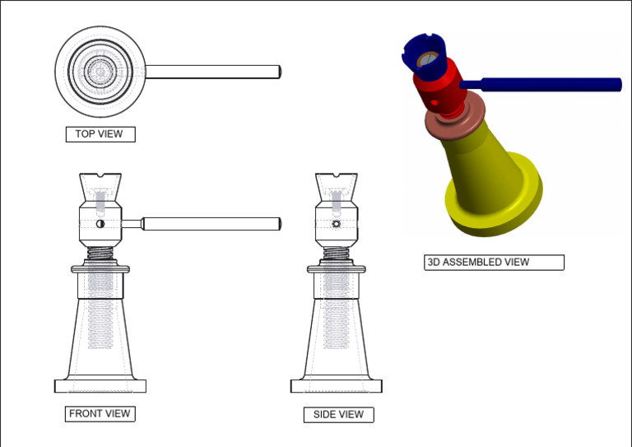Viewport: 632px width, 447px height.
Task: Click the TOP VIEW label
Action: pyautogui.click(x=100, y=134)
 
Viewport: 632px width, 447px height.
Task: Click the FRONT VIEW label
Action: pyautogui.click(x=100, y=414)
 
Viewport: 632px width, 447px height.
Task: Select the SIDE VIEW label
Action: pyautogui.click(x=338, y=415)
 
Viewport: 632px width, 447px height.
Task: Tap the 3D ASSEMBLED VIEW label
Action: pyautogui.click(x=494, y=263)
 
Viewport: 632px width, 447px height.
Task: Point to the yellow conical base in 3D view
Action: pyautogui.click(x=486, y=177)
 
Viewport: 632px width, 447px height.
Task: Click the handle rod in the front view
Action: pyautogui.click(x=210, y=223)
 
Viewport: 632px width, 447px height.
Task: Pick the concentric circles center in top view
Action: pyautogui.click(x=100, y=72)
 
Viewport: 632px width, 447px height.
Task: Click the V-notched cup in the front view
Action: pyautogui.click(x=100, y=189)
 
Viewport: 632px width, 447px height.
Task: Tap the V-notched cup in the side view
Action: pyautogui.click(x=337, y=189)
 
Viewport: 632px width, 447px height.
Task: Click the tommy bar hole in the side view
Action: pyautogui.click(x=336, y=224)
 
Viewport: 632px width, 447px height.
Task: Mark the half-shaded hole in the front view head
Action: pyautogui.click(x=100, y=224)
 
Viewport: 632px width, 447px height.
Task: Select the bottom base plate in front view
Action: pyautogui.click(x=100, y=386)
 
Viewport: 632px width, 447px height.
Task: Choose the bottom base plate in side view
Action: pyautogui.click(x=337, y=386)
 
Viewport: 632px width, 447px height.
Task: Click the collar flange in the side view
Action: pyautogui.click(x=337, y=268)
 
